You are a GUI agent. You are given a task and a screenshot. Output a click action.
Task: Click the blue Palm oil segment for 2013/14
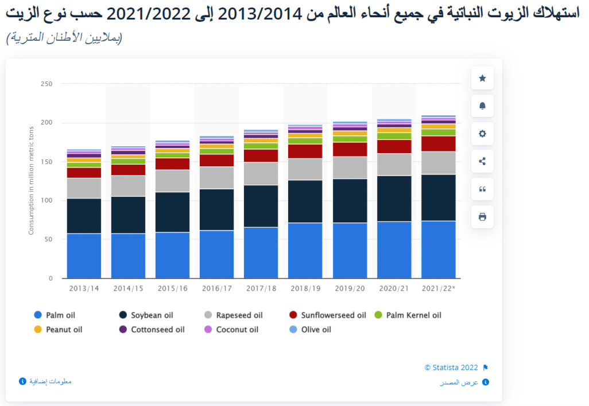tap(84, 256)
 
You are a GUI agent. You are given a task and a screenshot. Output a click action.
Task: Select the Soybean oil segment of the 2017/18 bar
tap(262, 206)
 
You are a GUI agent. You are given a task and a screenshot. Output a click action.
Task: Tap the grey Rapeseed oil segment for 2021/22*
tap(439, 163)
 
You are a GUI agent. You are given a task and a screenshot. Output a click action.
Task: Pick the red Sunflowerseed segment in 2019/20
tap(350, 149)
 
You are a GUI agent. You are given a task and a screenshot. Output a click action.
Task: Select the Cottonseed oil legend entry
tap(152, 330)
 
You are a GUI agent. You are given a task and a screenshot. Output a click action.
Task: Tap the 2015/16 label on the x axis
tap(173, 288)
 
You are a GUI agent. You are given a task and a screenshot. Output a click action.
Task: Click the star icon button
tap(482, 78)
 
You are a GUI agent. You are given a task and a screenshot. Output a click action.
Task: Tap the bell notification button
tap(482, 106)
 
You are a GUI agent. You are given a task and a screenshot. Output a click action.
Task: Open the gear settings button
tap(482, 134)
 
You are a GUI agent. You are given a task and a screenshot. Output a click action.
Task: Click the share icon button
tap(482, 161)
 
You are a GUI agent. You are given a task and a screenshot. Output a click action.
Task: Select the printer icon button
tap(482, 217)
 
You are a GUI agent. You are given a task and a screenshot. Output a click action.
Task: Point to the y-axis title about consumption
tap(32, 180)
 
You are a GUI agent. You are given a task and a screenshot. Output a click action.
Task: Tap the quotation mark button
tap(482, 189)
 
